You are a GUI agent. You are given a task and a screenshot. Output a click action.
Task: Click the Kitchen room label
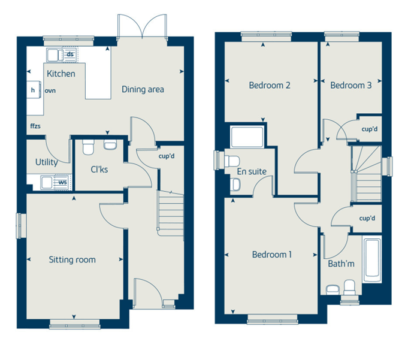(61, 74)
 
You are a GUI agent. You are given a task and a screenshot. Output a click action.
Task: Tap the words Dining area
(143, 89)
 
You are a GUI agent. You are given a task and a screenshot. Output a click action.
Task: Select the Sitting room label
(72, 259)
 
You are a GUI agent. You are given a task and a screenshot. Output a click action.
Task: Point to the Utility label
(47, 162)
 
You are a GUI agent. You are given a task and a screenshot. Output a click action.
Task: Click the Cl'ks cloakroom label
(99, 170)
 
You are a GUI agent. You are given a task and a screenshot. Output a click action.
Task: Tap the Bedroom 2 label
(270, 85)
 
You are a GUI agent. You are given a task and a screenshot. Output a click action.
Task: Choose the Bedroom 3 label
(350, 85)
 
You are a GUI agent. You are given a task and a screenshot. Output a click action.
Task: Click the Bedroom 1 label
(272, 255)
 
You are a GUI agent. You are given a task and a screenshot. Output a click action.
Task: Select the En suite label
(252, 171)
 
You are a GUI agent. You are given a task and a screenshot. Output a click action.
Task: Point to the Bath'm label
(341, 264)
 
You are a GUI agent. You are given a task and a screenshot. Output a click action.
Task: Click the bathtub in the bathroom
(372, 261)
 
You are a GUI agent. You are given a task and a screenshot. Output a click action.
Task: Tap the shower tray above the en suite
(247, 137)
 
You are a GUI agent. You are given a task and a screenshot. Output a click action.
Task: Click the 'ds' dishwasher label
(70, 55)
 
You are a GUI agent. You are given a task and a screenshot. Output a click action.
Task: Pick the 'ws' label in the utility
(62, 182)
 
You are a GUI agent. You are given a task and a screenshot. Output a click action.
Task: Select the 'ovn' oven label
(50, 90)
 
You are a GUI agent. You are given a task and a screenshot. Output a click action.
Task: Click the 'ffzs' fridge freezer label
(35, 126)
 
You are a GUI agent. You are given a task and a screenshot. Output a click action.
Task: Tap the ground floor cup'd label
(167, 156)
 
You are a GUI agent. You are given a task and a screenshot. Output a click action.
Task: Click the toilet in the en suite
(232, 161)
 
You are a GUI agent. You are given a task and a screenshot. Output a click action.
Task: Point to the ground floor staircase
(171, 213)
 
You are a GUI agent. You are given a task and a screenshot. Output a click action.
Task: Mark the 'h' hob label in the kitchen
(33, 90)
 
